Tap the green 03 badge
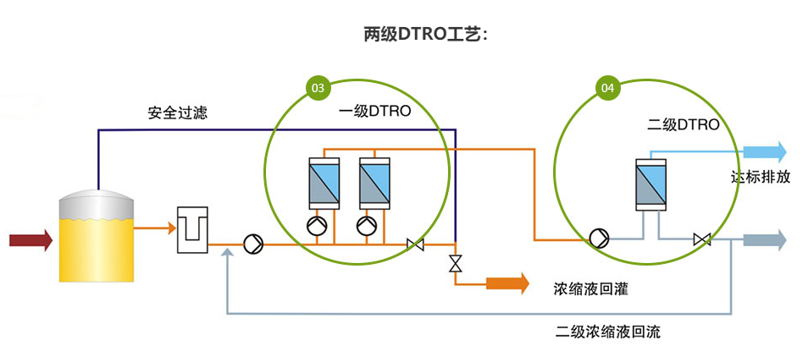point(318,87)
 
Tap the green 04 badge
point(608,87)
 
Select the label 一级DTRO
point(374,112)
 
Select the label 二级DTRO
point(683,125)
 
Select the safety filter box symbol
point(191,228)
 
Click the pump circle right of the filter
point(253,244)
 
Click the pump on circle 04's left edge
point(599,239)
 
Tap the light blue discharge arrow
point(766,152)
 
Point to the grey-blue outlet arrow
point(765,240)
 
